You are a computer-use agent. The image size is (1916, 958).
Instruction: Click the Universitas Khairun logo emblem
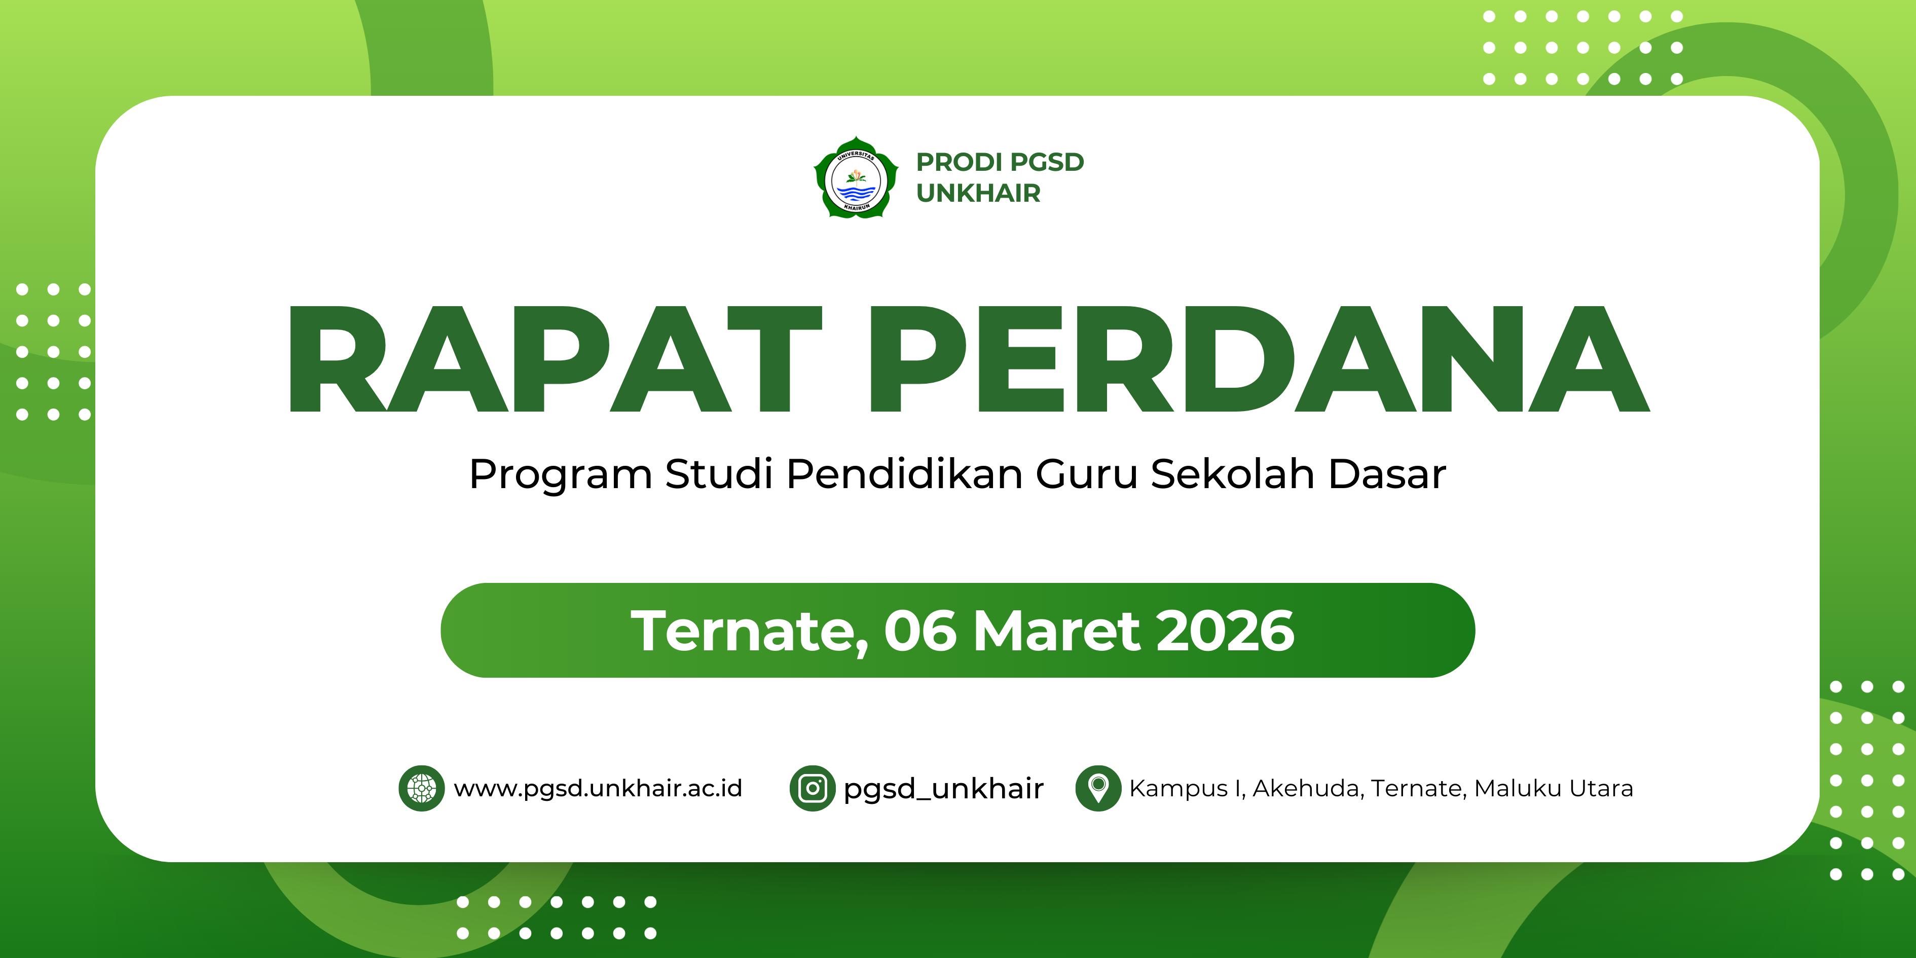point(856,178)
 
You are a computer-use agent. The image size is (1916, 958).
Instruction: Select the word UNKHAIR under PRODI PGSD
point(978,194)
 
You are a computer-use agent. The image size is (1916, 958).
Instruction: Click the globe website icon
point(422,788)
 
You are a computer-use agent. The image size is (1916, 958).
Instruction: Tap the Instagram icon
point(812,788)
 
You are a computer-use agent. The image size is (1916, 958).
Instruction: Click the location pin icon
point(1098,788)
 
